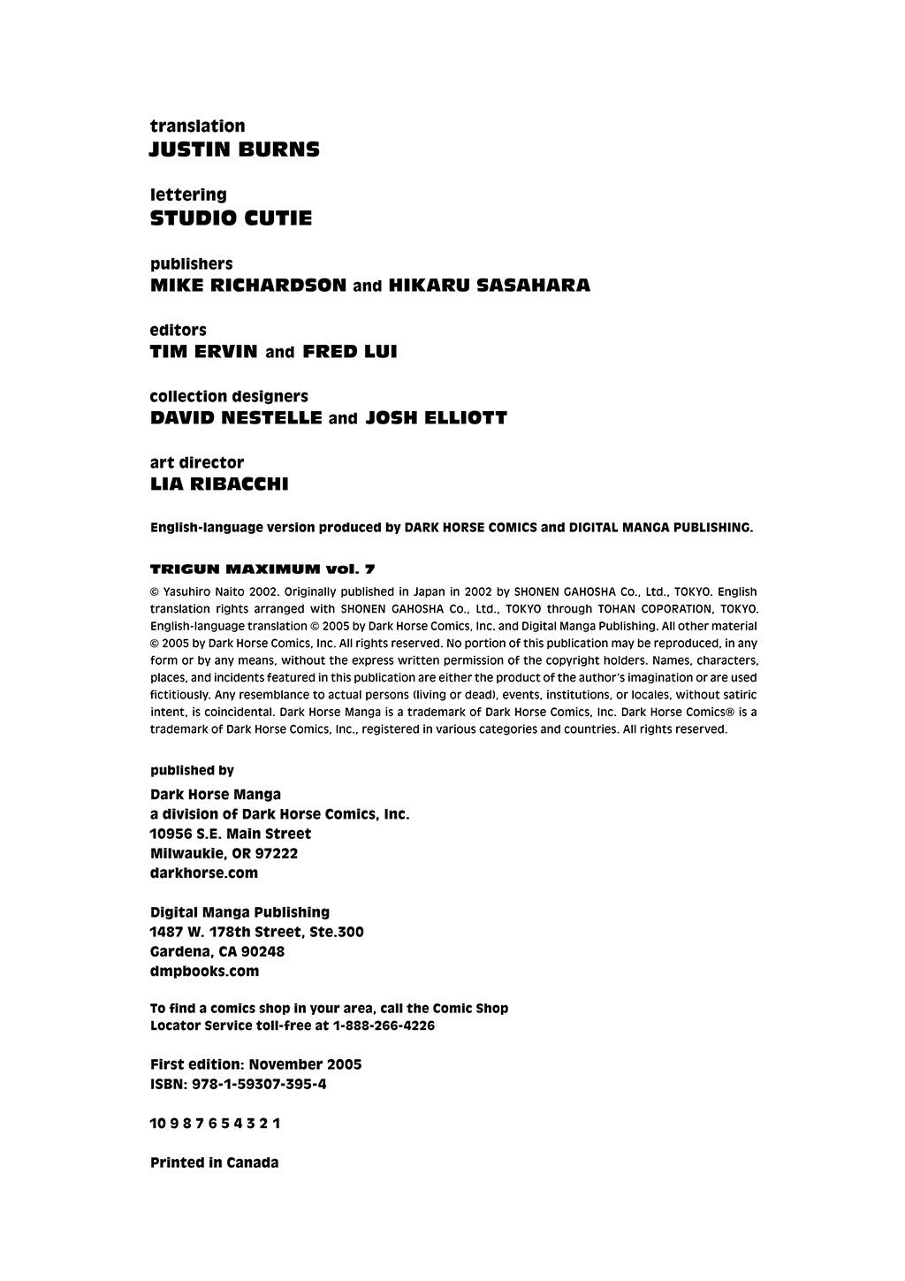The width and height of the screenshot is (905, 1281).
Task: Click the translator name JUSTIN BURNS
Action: [234, 149]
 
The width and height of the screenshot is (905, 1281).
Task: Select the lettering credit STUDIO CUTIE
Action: [231, 218]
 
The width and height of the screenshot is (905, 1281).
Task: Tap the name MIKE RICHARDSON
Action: [248, 286]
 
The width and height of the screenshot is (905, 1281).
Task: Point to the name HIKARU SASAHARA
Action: [489, 286]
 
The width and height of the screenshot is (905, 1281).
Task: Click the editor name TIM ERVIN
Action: [204, 352]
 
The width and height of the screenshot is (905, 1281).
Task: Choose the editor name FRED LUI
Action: [350, 352]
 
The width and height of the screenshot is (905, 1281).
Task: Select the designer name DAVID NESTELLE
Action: [236, 418]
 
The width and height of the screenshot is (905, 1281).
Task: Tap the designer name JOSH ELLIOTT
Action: [436, 418]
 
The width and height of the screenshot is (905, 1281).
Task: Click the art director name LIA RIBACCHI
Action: [219, 484]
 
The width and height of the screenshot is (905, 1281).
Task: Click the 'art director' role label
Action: [196, 462]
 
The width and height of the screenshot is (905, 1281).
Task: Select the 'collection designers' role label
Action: [229, 396]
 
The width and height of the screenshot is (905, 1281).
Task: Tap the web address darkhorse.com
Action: [204, 873]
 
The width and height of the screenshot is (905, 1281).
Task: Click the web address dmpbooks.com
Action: [204, 971]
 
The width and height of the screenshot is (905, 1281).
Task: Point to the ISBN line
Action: [238, 1084]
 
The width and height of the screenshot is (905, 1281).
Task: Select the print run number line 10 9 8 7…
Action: [215, 1124]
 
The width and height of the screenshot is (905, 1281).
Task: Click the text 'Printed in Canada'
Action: [214, 1163]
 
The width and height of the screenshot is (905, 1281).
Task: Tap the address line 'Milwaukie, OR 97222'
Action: [224, 853]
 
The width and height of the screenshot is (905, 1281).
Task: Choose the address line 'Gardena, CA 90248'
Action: [217, 951]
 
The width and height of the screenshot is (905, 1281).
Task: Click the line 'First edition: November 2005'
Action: [255, 1064]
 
